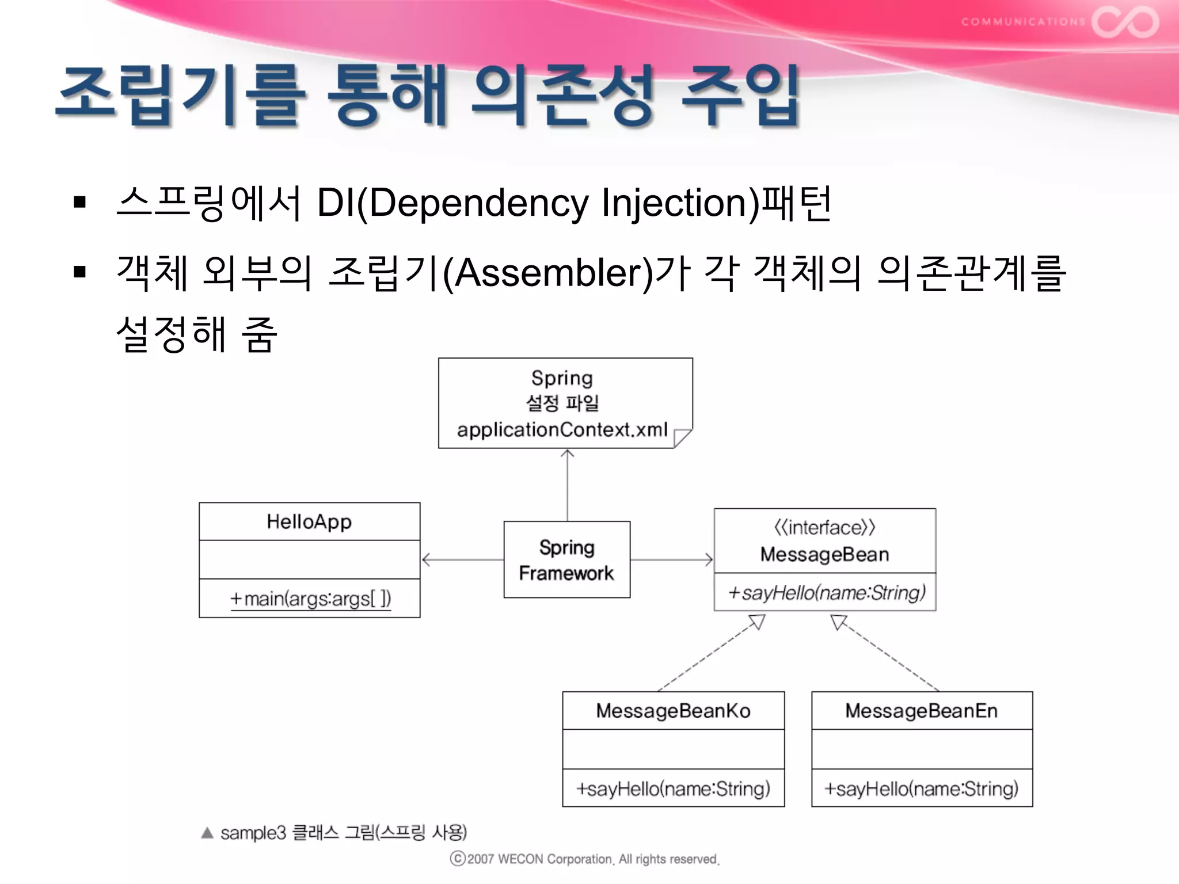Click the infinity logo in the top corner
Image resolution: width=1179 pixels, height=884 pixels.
pos(1125,22)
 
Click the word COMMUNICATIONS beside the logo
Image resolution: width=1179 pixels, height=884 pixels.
pos(1022,22)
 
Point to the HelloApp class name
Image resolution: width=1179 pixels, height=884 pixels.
pos(309,521)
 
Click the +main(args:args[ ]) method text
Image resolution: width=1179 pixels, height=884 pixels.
pos(310,599)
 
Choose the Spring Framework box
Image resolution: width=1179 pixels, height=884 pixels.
pos(566,559)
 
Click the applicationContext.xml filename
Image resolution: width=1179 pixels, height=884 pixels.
pos(562,429)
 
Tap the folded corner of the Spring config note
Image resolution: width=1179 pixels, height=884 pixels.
pos(682,437)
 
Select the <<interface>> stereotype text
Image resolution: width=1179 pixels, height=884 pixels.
pos(824,527)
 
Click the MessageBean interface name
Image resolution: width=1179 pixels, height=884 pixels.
pos(824,554)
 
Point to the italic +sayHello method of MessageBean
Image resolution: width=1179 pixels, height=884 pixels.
pos(826,592)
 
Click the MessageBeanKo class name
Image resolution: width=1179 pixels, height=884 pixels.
pos(673,711)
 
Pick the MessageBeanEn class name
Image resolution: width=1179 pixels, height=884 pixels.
pos(921,711)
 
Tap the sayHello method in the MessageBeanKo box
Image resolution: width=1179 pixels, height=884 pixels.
pos(673,788)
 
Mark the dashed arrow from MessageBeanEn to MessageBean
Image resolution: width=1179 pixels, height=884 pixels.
pos(887,653)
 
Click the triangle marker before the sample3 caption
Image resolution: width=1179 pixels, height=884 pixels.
pos(207,833)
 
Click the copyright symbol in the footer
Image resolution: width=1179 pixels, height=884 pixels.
pos(458,859)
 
